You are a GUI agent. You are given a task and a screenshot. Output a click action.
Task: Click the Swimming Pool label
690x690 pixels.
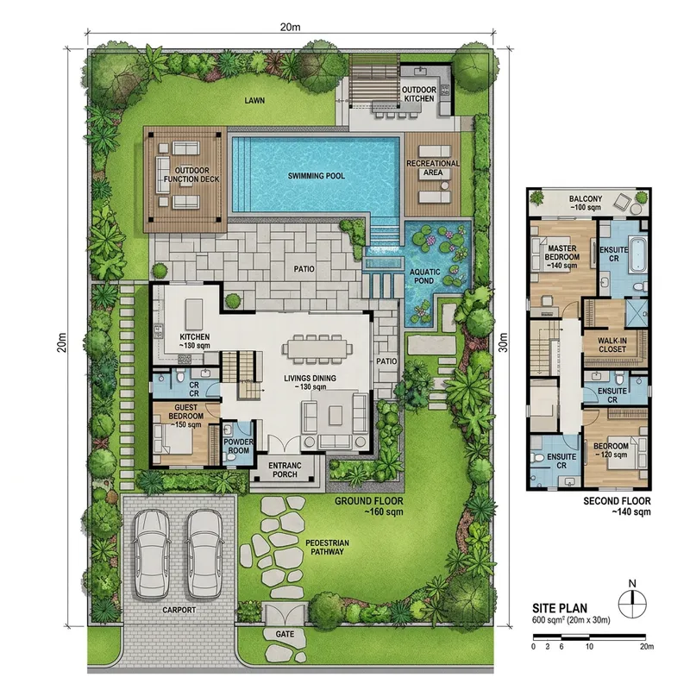tap(316, 176)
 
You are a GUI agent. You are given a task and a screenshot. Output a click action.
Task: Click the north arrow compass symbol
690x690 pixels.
tap(632, 598)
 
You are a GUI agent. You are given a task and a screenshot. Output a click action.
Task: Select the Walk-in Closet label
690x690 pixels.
tap(617, 346)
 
